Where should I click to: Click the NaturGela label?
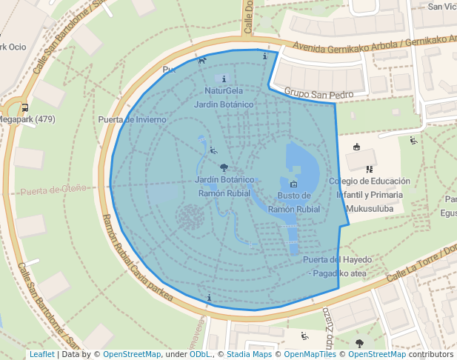point(224,91)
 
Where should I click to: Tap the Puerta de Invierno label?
point(132,119)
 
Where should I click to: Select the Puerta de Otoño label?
point(53,190)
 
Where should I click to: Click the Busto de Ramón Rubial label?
point(294,202)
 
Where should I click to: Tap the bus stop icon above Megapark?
point(25,107)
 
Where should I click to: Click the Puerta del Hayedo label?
point(336,259)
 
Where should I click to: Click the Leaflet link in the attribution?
point(41,355)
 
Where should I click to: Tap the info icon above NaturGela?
point(224,79)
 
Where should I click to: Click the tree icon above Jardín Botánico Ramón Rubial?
point(224,168)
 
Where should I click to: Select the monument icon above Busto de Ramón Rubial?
point(293,184)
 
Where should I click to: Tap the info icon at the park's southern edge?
point(210,298)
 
